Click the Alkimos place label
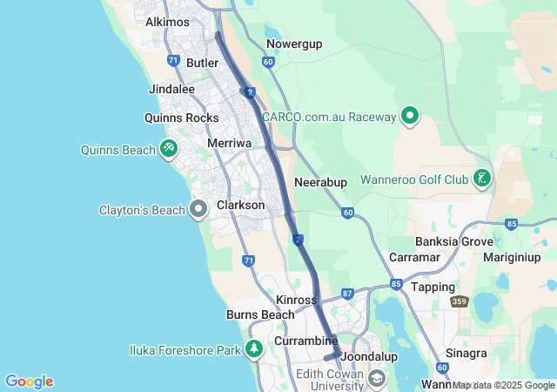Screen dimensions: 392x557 pos(168,22)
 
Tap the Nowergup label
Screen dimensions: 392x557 pos(295,43)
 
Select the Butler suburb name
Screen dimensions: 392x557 pos(202,64)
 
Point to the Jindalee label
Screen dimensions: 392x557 pos(171,89)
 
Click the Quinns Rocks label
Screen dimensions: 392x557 pos(182,118)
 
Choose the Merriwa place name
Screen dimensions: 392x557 pos(229,142)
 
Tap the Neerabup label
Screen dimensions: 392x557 pos(321,182)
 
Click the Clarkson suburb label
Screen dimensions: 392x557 pos(240,205)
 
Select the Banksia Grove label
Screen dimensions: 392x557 pos(453,241)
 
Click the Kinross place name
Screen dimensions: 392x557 pos(296,300)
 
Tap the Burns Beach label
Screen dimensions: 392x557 pos(260,314)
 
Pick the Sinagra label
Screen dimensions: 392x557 pos(466,354)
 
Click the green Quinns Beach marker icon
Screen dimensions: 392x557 pos(168,149)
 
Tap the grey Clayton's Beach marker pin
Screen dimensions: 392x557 pos(198,209)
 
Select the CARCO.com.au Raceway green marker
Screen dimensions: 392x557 pos(410,116)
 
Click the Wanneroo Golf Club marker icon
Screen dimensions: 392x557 pos(481,179)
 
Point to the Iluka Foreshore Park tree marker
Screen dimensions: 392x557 pos(254,350)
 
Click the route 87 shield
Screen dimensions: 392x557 pos(347,294)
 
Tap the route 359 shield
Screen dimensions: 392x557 pos(460,301)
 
